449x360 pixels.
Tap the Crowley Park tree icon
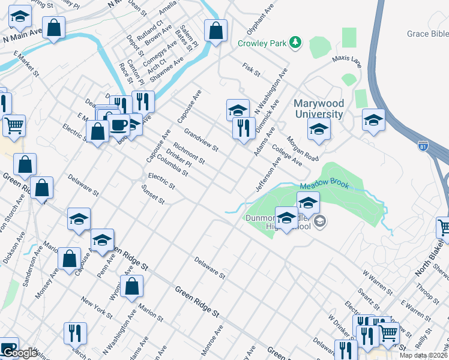coord(295,43)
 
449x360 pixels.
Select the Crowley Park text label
coord(262,43)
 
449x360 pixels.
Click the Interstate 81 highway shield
coord(423,145)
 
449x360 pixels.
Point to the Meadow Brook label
coord(324,186)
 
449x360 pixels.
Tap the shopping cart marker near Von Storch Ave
coord(14,126)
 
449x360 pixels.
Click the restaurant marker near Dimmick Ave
coord(244,128)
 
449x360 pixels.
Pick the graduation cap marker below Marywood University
coord(319,128)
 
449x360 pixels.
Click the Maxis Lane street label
coord(348,61)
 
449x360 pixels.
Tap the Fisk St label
coord(250,69)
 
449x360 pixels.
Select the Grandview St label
coord(201,140)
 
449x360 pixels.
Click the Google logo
coord(19,353)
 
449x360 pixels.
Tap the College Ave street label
coord(287,154)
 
